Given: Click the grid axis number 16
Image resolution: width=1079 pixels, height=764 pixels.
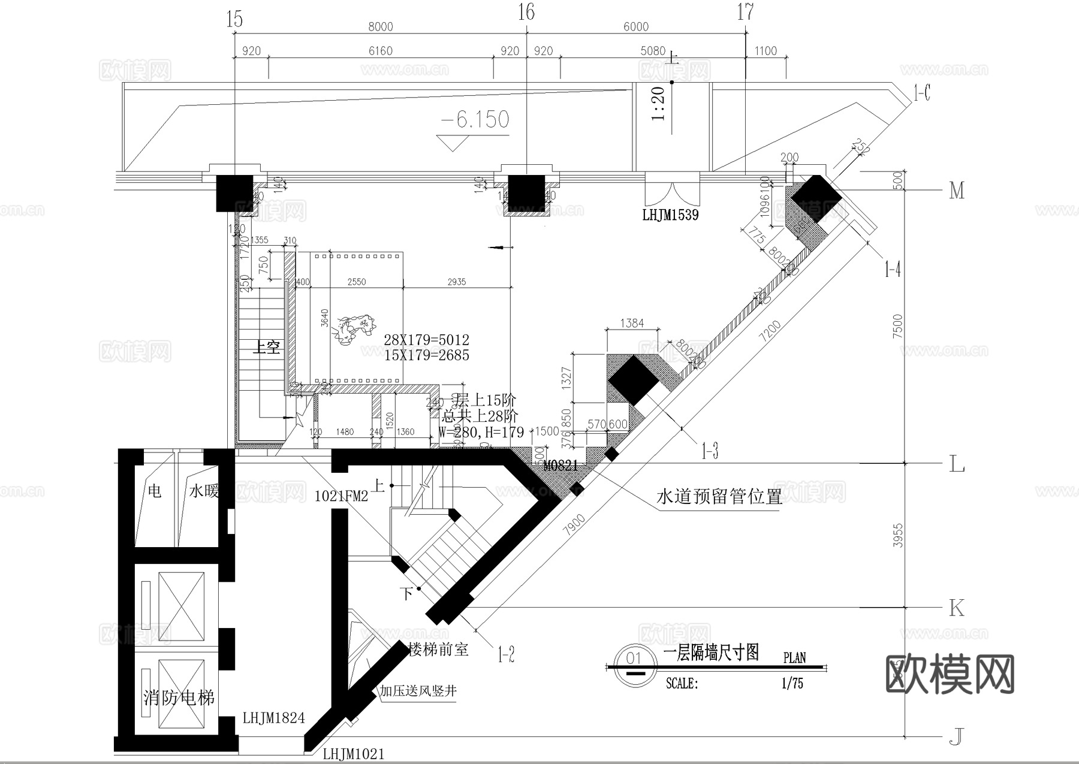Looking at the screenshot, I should click(526, 12).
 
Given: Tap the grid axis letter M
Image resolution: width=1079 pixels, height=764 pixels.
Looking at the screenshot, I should click(957, 191).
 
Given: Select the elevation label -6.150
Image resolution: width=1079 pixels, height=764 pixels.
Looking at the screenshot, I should click(475, 120).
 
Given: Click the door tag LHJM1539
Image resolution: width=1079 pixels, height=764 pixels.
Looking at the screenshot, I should click(670, 215).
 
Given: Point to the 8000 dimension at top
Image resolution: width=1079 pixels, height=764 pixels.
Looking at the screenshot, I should click(380, 26).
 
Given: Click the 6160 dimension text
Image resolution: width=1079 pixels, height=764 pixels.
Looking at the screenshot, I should click(380, 51).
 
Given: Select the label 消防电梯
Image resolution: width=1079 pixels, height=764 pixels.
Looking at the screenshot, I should click(179, 698).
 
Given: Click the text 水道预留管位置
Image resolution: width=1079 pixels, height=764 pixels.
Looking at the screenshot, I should click(719, 496).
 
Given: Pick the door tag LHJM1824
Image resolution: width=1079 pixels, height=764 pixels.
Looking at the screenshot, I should click(273, 718).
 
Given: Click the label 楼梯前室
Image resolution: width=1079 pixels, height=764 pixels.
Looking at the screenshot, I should click(438, 649).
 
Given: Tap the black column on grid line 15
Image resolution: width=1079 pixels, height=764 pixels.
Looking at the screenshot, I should click(235, 192).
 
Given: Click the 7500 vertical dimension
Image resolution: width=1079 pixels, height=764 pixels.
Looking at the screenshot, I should click(897, 327).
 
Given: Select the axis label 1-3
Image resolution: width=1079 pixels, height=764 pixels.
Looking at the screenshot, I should click(710, 451).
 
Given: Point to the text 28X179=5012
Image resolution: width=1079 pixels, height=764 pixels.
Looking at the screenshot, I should click(427, 340).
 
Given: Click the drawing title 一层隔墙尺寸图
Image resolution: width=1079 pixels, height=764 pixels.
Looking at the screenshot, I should click(712, 653).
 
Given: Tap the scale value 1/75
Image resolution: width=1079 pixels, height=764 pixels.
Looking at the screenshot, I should click(792, 684).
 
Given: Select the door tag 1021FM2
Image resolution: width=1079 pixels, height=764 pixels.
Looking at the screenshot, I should click(341, 496).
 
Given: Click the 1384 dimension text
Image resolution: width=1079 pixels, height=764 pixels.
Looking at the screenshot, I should click(632, 324).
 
